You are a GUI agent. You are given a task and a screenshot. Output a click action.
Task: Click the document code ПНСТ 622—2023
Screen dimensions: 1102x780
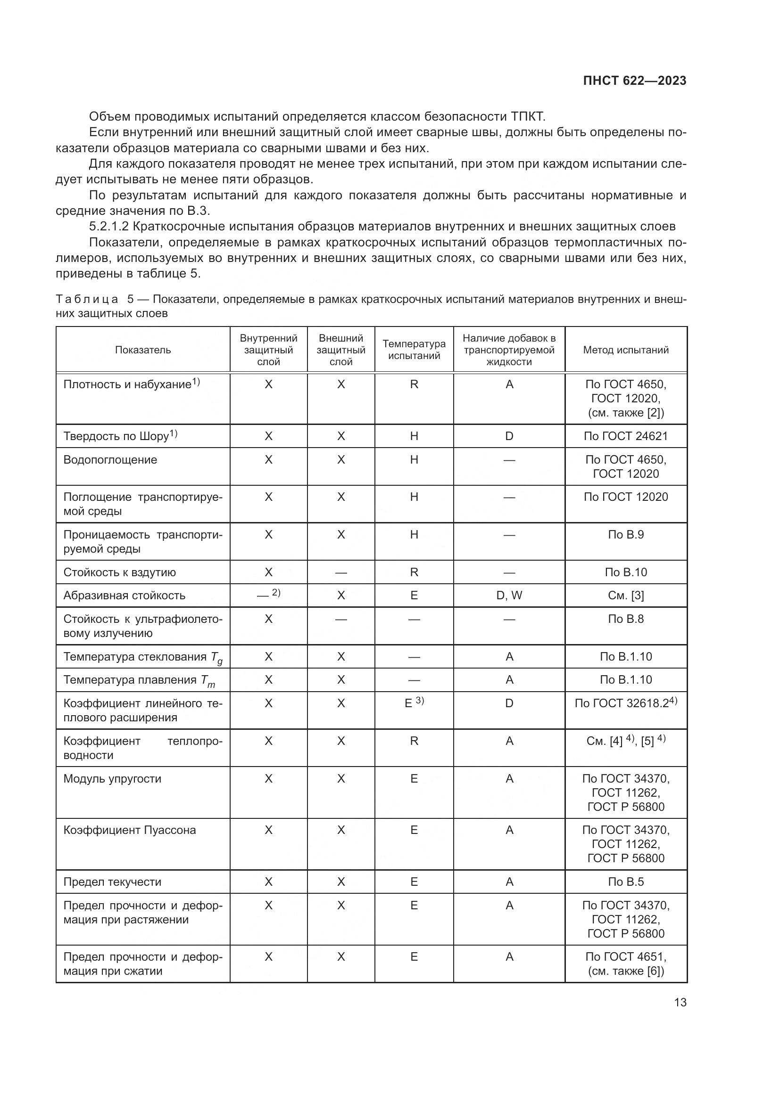pos(634,81)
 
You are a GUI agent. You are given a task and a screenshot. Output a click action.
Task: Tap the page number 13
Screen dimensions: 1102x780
pos(680,1003)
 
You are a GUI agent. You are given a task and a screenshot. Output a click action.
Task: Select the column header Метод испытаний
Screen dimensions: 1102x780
pos(626,350)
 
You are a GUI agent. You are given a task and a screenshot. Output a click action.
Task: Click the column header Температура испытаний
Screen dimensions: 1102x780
pos(414,350)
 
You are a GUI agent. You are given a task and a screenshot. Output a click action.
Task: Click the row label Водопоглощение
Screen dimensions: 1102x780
pos(110,460)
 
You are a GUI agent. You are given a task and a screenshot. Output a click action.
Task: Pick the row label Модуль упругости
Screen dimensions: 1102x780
pos(112,778)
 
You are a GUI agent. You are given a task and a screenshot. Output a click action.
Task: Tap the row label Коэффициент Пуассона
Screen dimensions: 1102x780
pos(130,830)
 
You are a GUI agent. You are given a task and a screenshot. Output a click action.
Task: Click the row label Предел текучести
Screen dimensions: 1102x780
pos(112,882)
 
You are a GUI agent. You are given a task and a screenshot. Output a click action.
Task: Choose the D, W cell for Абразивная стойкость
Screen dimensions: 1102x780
pos(509,596)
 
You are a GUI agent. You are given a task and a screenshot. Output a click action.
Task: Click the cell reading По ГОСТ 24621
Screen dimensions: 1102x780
pos(626,436)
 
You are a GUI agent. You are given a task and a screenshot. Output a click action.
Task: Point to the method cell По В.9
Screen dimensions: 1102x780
pos(626,535)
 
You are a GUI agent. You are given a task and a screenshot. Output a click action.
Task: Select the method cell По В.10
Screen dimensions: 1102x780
pos(626,572)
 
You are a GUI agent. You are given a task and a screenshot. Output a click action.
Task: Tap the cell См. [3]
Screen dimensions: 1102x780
pos(626,596)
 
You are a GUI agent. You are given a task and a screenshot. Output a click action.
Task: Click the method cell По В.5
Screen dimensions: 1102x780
pos(626,882)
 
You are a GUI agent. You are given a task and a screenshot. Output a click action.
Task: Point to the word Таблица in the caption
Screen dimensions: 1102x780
pos(87,300)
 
